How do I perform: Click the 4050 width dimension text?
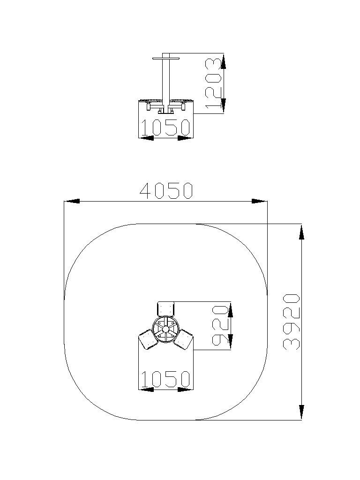coord(166,191)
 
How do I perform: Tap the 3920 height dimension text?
coord(292,322)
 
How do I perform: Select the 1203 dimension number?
coord(213,83)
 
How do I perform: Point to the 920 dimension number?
coord(220,325)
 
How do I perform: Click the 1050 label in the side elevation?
coord(165,127)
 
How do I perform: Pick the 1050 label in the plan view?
coord(165,379)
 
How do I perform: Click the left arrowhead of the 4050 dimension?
coord(72,201)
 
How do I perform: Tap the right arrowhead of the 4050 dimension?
coord(259,201)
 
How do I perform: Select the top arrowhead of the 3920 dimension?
coord(301,232)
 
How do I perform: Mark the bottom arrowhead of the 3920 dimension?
coord(301,412)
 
